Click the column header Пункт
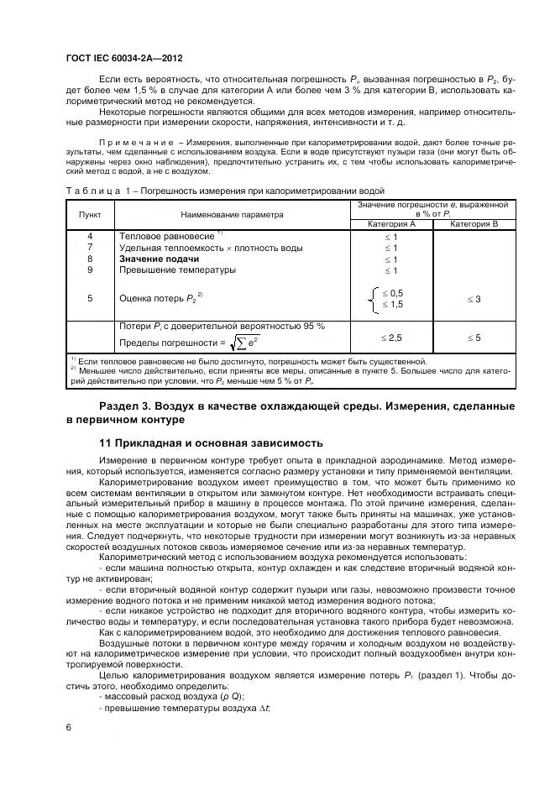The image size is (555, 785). pyautogui.click(x=90, y=214)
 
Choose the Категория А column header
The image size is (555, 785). pyautogui.click(x=391, y=224)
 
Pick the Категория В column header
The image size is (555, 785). pyautogui.click(x=474, y=224)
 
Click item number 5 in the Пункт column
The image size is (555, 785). pyautogui.click(x=90, y=297)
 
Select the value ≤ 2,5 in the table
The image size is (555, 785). pyautogui.click(x=391, y=337)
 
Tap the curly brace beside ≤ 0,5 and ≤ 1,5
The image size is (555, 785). pyautogui.click(x=374, y=299)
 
